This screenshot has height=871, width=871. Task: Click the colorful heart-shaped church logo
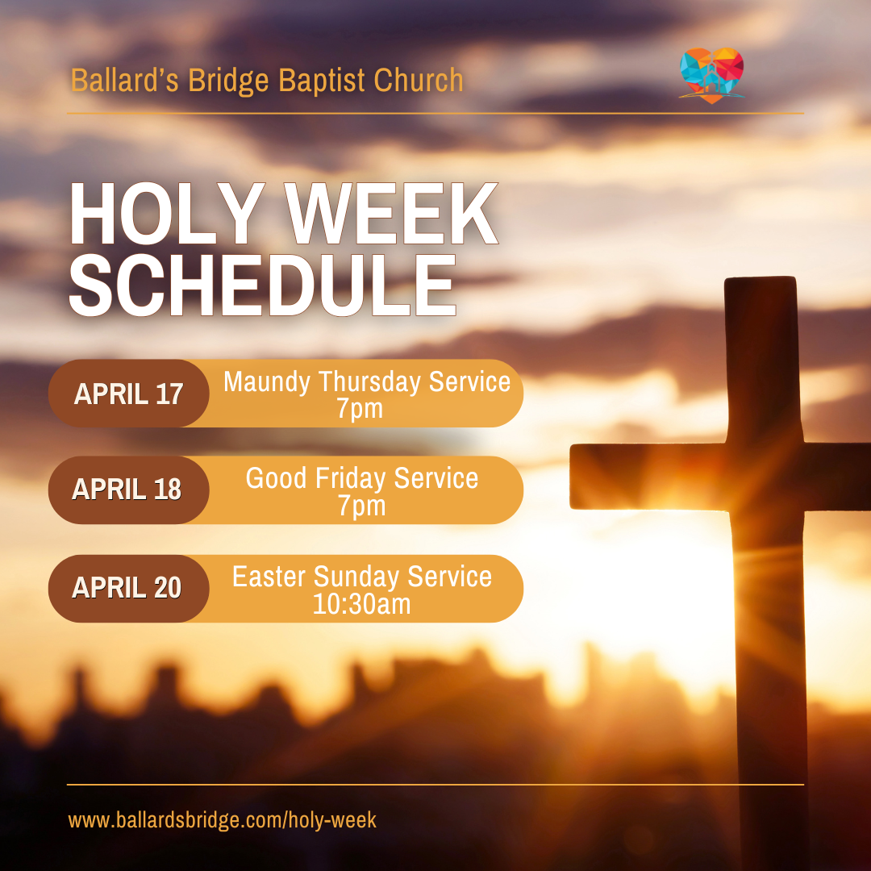coord(711,76)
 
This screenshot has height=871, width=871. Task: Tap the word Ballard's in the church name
coord(124,80)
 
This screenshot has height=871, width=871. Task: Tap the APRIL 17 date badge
coord(129,394)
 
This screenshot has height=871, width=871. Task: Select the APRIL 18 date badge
coord(129,490)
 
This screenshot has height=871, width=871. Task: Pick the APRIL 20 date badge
coord(129,588)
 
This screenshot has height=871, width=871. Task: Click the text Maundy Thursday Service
coord(367,382)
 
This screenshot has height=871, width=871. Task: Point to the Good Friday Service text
coord(362,478)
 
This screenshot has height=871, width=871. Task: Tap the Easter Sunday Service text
coord(362,577)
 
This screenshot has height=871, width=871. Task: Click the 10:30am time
coord(362,604)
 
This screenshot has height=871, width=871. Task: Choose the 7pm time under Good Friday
coord(362,506)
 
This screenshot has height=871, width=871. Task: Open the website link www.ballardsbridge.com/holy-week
coord(223,820)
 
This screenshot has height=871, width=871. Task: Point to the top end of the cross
coord(761,278)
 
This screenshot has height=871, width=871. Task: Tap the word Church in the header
coord(419,80)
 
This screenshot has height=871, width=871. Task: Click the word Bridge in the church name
coord(228,81)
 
